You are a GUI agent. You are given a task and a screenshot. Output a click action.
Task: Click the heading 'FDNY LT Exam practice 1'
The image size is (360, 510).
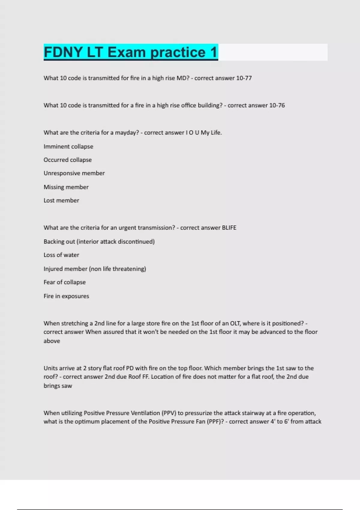[130, 52]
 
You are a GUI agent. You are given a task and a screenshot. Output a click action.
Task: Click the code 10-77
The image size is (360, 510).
[244, 78]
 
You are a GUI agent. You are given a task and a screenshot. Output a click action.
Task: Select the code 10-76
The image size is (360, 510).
[277, 105]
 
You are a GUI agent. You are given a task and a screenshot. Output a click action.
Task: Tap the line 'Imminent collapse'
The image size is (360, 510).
[68, 146]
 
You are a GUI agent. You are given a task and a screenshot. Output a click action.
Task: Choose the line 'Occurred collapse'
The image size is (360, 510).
[67, 160]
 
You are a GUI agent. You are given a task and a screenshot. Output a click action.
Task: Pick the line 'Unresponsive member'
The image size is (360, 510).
[74, 173]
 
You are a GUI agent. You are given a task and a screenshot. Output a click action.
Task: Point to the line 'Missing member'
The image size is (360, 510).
[66, 187]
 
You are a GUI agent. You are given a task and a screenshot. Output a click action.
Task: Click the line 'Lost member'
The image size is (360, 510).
[61, 200]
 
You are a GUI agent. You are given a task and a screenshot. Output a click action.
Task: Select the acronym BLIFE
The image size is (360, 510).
[229, 228]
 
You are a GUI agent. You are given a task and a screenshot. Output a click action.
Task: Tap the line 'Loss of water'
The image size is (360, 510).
[61, 255]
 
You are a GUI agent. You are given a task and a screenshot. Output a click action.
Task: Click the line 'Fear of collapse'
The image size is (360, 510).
[64, 282]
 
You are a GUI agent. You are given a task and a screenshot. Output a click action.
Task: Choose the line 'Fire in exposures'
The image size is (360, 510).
[66, 296]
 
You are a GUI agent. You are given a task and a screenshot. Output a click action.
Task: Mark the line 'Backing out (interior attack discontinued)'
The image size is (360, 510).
[99, 241]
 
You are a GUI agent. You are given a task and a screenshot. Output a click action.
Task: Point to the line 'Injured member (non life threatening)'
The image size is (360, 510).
[95, 269]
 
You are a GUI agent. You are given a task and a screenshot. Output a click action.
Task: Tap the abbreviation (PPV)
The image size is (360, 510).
[169, 413]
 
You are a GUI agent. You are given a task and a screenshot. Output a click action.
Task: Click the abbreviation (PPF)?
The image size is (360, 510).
[215, 421]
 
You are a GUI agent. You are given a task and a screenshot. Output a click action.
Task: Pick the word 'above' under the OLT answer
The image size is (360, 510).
[52, 341]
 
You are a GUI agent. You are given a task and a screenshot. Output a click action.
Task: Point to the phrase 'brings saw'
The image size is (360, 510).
[58, 386]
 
